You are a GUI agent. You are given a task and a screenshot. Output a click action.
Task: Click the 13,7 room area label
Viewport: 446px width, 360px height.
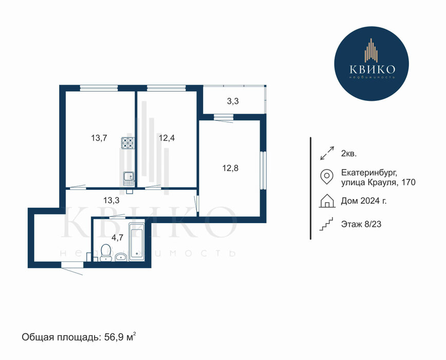point(99,138)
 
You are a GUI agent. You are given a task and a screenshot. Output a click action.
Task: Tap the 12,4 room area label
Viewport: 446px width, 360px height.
point(166,138)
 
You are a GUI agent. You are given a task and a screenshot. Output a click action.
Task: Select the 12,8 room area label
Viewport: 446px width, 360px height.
point(230,168)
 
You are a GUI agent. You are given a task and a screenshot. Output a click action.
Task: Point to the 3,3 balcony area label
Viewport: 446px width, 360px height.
point(233,101)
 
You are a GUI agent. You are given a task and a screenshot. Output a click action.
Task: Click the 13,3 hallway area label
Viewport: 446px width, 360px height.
point(111,201)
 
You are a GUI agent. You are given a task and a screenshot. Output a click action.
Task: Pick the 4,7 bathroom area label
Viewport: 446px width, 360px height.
point(117,238)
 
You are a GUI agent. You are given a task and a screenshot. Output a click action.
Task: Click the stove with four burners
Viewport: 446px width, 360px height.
point(128,143)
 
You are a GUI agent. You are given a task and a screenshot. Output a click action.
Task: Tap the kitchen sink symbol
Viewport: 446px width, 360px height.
point(129,179)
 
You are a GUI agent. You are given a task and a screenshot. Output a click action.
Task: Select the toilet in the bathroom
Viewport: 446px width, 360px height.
point(105,253)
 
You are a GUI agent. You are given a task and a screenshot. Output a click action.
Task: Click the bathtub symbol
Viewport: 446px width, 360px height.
point(137,242)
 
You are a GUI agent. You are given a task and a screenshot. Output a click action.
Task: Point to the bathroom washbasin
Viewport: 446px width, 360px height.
point(121,257)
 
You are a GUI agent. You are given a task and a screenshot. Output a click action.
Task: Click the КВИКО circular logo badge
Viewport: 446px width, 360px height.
point(371,63)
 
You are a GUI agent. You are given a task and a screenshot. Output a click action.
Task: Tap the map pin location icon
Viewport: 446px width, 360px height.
point(327,177)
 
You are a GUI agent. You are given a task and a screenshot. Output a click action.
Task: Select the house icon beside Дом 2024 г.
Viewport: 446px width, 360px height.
point(327,201)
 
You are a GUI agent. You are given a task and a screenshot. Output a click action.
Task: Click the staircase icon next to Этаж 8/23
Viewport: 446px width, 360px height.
point(326,224)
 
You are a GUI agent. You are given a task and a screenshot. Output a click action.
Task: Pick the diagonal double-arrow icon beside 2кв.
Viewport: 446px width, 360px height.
point(327,153)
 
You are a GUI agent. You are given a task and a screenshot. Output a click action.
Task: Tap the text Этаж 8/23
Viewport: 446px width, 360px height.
point(361,224)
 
